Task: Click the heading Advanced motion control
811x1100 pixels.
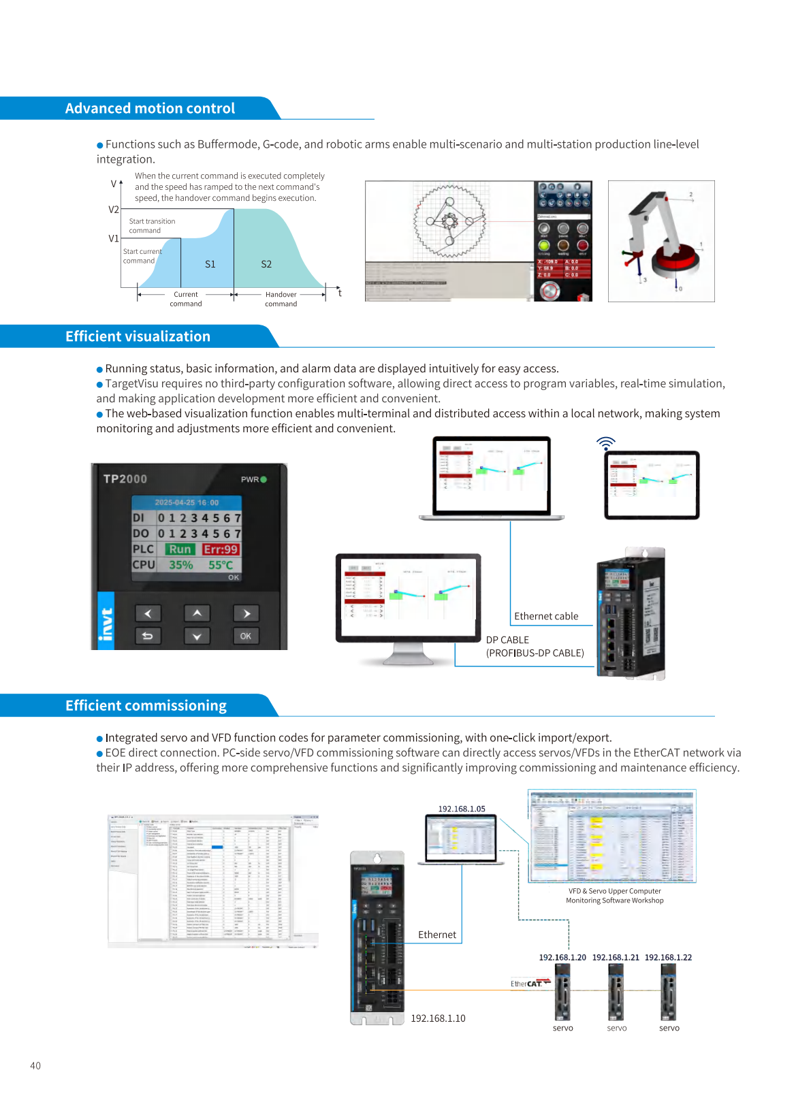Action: click(x=150, y=109)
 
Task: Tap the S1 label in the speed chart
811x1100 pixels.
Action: click(x=210, y=264)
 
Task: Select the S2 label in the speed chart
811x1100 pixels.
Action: click(x=266, y=264)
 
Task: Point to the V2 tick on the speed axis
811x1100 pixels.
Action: click(x=114, y=210)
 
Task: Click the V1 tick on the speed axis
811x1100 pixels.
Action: click(x=114, y=238)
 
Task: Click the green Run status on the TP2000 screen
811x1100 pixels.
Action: click(x=180, y=549)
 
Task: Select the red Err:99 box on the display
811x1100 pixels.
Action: click(x=221, y=549)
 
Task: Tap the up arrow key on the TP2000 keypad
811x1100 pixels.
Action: click(x=197, y=613)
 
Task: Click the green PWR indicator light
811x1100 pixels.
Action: click(x=264, y=479)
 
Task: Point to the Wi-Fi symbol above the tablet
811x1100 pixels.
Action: click(x=605, y=444)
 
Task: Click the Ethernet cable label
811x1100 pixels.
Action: click(x=546, y=616)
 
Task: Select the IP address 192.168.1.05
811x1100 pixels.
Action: click(x=462, y=809)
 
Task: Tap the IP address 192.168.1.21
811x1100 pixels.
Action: click(x=616, y=957)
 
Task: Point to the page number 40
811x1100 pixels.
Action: click(x=35, y=1065)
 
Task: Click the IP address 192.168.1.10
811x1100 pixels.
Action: click(x=438, y=1018)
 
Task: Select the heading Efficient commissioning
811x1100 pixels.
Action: click(x=146, y=706)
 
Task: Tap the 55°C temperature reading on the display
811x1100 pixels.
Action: click(x=221, y=565)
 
